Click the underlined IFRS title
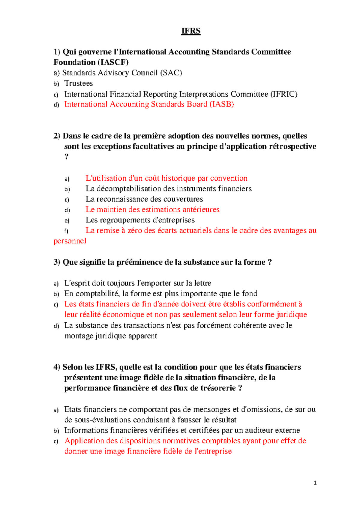click(191, 31)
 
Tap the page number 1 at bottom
click(315, 483)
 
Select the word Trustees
click(79, 83)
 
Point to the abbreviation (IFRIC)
click(284, 94)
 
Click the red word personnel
click(70, 241)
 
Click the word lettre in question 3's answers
click(203, 283)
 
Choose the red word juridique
click(292, 315)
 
